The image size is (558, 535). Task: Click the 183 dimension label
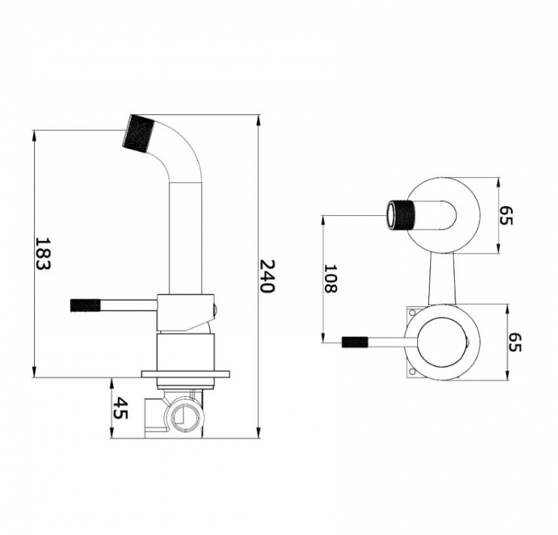43,254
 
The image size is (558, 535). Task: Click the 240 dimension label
267,276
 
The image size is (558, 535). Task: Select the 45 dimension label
120,408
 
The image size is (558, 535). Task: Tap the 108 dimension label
330,278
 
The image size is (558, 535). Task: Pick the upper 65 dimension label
506,215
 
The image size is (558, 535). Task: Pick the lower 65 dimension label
515,342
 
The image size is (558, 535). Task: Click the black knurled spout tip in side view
138,132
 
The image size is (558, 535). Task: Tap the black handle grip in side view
85,305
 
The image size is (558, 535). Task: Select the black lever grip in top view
355,342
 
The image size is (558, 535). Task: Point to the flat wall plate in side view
186,374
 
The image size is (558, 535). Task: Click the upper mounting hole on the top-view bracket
412,313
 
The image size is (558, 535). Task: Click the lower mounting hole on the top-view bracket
412,372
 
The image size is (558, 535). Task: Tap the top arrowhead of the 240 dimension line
258,120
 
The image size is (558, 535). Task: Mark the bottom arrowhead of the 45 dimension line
112,433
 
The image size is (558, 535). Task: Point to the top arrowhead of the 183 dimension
34,136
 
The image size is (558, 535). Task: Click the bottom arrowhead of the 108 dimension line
323,337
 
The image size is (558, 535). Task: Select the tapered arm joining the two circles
442,279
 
